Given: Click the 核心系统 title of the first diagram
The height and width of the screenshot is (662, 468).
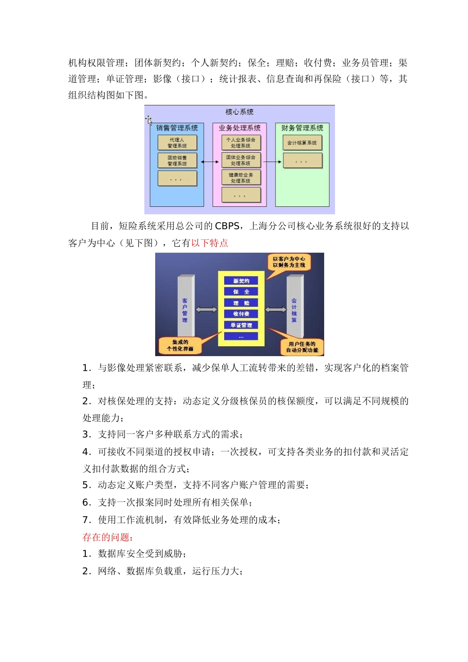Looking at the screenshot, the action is (239, 112).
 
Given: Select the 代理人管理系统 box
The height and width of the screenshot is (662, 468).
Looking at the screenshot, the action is (177, 143).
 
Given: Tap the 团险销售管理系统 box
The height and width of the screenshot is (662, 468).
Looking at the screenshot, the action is (177, 161).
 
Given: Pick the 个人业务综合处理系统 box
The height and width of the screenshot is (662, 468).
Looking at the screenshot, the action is (241, 143).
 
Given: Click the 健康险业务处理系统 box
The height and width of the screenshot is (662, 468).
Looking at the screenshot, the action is (241, 178).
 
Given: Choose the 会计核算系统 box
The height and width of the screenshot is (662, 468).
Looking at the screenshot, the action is (302, 143).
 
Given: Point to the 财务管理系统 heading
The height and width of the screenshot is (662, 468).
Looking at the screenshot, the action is (302, 128).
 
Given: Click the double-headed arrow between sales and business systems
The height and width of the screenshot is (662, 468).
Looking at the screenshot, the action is (210, 162).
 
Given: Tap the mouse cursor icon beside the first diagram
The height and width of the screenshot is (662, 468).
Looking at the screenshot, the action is (148, 120).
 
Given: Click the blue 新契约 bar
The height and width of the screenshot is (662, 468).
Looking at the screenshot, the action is (241, 281).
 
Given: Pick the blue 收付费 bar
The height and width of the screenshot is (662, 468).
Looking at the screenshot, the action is (241, 314).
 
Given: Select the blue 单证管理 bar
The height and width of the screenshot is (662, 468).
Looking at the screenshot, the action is (241, 325).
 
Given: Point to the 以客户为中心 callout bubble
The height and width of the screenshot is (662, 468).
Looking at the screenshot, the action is (289, 262).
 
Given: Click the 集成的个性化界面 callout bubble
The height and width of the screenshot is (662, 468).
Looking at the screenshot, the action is (180, 345).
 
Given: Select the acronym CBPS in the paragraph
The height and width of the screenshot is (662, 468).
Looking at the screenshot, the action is (227, 226).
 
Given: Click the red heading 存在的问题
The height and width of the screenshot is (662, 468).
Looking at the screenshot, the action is (108, 537).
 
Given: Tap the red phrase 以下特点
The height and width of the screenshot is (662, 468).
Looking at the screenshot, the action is (210, 243).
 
